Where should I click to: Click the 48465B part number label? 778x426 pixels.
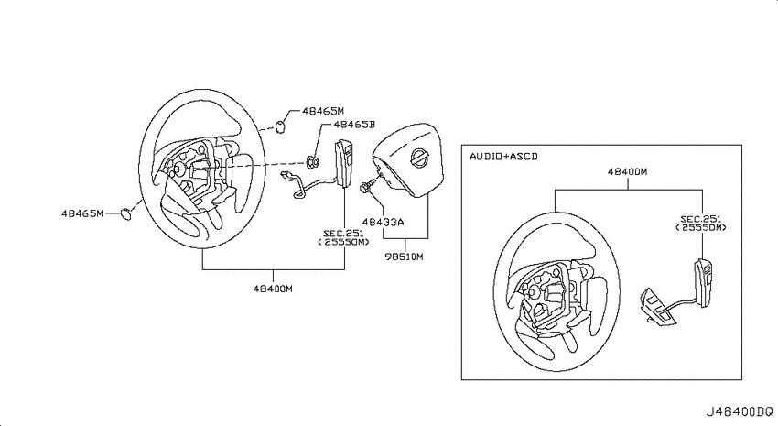pyautogui.click(x=354, y=125)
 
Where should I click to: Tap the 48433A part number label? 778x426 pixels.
pyautogui.click(x=383, y=222)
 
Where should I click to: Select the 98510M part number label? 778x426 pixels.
pyautogui.click(x=404, y=257)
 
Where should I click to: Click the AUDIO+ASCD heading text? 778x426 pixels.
pyautogui.click(x=503, y=157)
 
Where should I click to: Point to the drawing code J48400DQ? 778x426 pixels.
pyautogui.click(x=740, y=411)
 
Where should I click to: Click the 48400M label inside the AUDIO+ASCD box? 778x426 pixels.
pyautogui.click(x=627, y=172)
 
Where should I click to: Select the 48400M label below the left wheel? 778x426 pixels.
pyautogui.click(x=273, y=289)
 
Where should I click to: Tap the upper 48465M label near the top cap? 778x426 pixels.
pyautogui.click(x=323, y=111)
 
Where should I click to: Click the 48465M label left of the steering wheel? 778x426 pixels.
pyautogui.click(x=82, y=213)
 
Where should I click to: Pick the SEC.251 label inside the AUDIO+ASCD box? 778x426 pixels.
pyautogui.click(x=700, y=219)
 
